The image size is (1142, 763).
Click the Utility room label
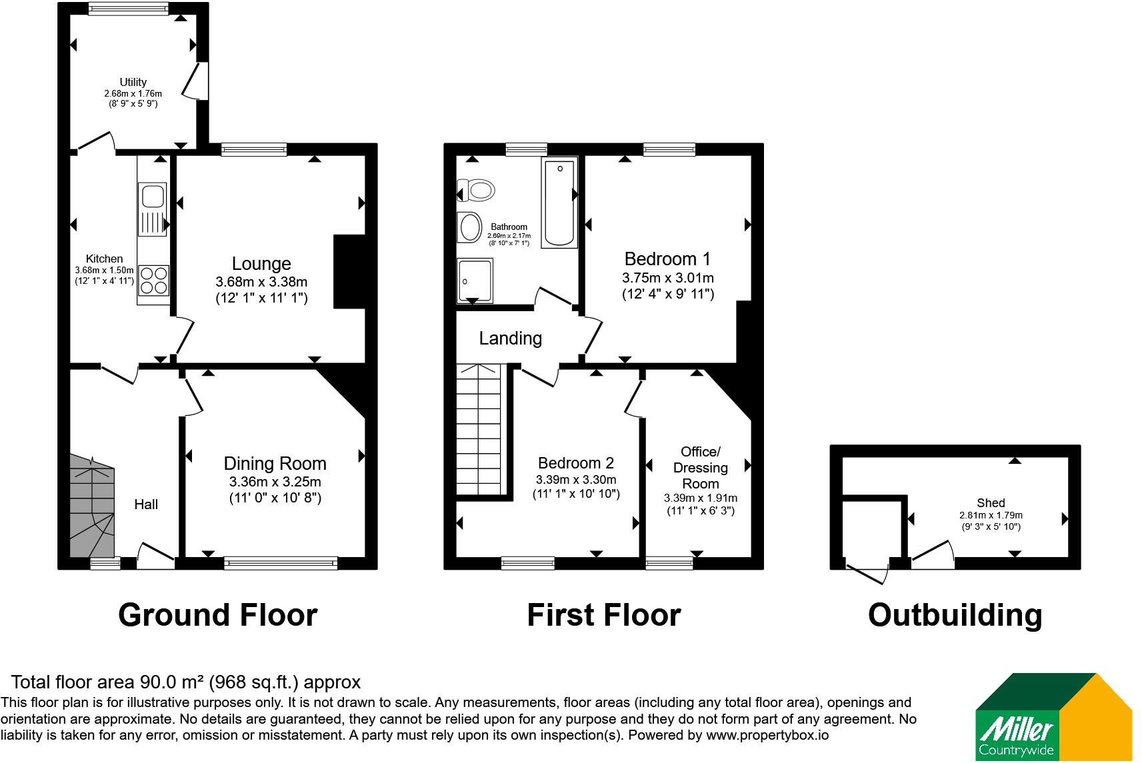133,82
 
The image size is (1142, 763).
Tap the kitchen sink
153,209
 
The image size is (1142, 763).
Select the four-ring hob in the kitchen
153,281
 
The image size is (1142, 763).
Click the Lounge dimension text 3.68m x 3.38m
261,282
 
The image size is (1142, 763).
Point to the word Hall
146,504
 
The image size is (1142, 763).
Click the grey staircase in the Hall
92,506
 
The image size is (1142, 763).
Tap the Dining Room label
275,463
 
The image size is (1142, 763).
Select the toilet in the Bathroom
476,191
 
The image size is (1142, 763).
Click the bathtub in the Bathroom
559,203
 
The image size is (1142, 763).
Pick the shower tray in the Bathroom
475,281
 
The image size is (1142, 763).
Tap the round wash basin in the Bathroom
469,227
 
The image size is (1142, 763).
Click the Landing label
510,338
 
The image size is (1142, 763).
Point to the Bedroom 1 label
667,259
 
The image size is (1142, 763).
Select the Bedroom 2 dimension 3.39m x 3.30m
576,480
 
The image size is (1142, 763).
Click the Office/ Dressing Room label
701,467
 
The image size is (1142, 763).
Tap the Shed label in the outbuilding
991,503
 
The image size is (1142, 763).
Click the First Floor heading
603,614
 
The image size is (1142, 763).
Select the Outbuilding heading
955,615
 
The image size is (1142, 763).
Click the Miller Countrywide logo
1054,717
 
